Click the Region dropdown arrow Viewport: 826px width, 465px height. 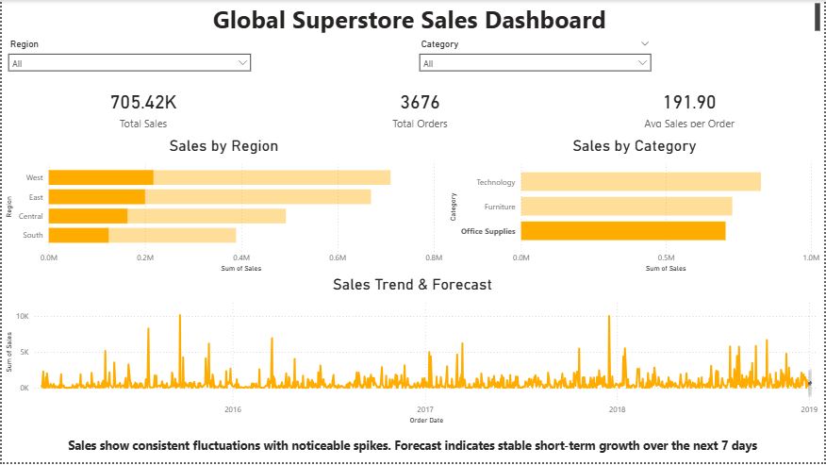[x=243, y=63]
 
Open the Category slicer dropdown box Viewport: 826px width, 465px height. [x=535, y=63]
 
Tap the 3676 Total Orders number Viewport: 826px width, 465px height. [x=420, y=103]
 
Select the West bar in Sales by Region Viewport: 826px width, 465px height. [x=219, y=177]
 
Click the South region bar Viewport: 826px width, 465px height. [x=141, y=235]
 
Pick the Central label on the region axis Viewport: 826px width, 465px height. [x=31, y=216]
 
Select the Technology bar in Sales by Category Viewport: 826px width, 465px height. [x=640, y=182]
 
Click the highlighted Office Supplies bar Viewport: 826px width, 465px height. [x=622, y=231]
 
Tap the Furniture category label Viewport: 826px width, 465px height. [x=500, y=207]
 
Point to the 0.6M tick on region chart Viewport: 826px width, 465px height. [x=338, y=257]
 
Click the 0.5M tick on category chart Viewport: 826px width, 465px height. [x=667, y=257]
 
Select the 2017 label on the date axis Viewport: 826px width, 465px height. [x=424, y=409]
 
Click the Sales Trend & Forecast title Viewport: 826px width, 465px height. [x=412, y=284]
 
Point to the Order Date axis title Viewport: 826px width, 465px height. [x=426, y=420]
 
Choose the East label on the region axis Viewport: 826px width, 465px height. [x=36, y=197]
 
